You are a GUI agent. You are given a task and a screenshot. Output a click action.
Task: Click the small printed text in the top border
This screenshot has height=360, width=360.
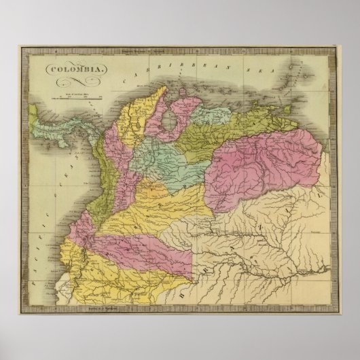[x=180, y=51]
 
